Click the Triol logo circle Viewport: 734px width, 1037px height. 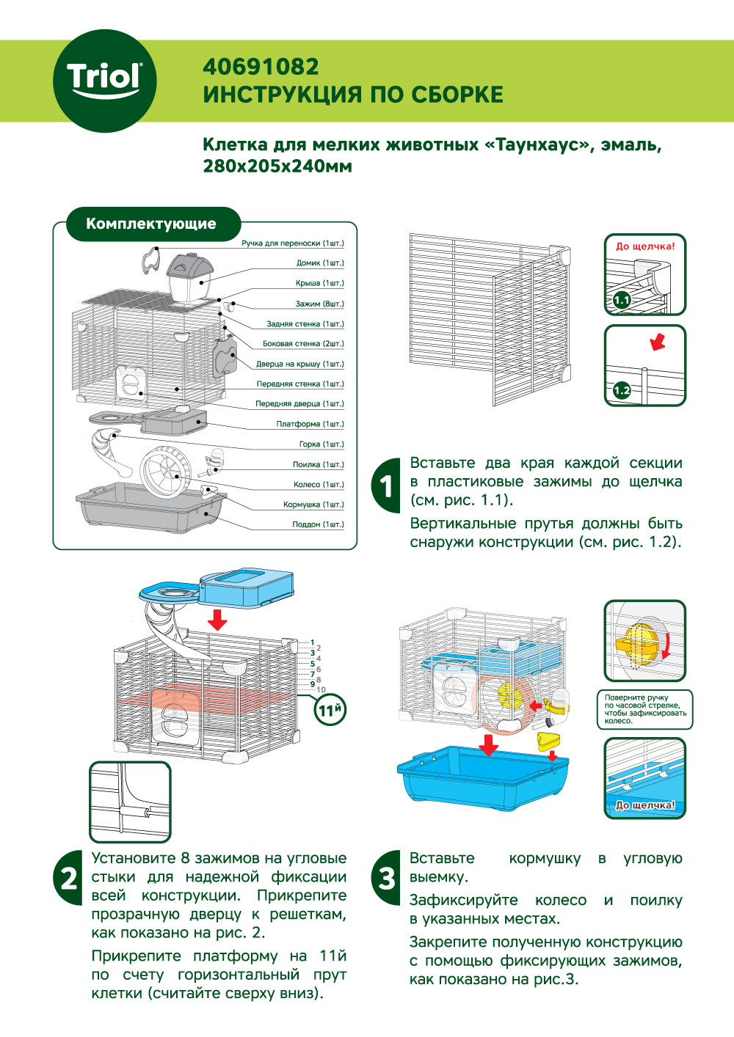coord(103,81)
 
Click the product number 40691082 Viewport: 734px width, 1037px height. coord(261,67)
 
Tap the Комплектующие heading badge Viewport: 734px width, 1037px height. coord(151,224)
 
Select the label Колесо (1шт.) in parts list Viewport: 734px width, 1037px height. coord(318,484)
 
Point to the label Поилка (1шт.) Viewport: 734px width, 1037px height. coord(318,464)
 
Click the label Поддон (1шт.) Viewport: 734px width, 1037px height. coord(318,524)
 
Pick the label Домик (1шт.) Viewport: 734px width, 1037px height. coord(319,263)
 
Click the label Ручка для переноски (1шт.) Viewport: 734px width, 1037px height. coord(292,243)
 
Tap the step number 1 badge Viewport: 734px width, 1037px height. coord(387,485)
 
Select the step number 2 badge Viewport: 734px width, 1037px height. coord(69,877)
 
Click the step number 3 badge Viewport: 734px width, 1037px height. coord(387,877)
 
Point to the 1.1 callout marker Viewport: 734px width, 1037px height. coord(622,300)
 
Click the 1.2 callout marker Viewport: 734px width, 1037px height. coord(622,390)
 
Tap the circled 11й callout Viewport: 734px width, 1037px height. coord(330,710)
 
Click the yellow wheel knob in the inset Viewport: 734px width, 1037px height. coord(636,642)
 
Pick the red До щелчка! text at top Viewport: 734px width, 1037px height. coord(645,246)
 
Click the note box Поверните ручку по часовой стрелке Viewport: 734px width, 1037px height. coord(645,709)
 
